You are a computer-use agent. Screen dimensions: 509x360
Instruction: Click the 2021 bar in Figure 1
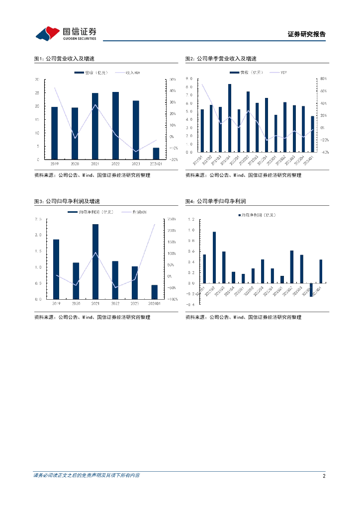pos(95,126)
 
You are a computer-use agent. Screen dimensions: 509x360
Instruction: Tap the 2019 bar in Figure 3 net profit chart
pos(56,269)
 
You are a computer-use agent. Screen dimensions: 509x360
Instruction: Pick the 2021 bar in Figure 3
pos(95,261)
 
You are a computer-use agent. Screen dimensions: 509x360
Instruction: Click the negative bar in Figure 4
pos(311,290)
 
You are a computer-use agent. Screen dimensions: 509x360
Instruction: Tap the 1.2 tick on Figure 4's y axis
pos(191,219)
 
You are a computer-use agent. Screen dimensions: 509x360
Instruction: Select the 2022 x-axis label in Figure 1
pos(115,164)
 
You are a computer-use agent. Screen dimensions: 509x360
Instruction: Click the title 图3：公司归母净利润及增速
pos(67,201)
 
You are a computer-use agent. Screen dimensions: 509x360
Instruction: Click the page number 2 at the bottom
pos(324,476)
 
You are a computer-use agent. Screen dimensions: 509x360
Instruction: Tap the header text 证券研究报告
pos(307,34)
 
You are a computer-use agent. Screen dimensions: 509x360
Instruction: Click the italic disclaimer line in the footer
pos(87,476)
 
